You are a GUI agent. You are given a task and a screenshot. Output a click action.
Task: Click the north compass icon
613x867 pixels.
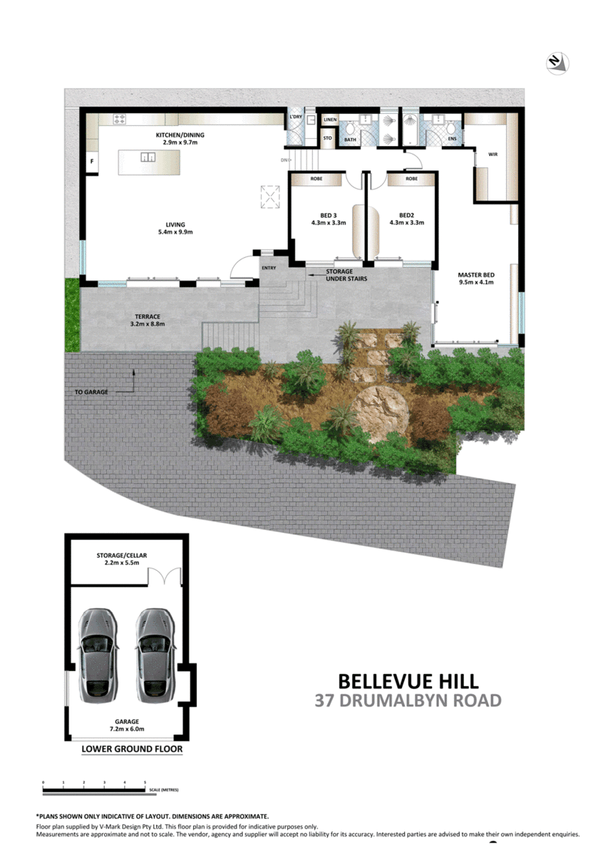558,63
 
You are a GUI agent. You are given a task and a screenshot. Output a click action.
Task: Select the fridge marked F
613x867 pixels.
92,161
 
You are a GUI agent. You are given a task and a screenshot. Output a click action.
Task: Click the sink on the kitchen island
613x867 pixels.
149,158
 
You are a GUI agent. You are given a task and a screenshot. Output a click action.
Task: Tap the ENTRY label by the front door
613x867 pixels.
268,268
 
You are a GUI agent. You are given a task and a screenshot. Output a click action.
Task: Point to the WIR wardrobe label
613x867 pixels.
493,154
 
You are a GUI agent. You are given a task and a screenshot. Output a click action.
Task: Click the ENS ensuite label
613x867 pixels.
452,139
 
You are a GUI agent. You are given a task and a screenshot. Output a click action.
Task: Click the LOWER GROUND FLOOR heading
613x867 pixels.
131,749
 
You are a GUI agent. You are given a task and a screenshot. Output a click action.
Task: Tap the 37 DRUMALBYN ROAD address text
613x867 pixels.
407,700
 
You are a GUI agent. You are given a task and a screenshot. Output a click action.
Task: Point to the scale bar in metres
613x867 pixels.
94,789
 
